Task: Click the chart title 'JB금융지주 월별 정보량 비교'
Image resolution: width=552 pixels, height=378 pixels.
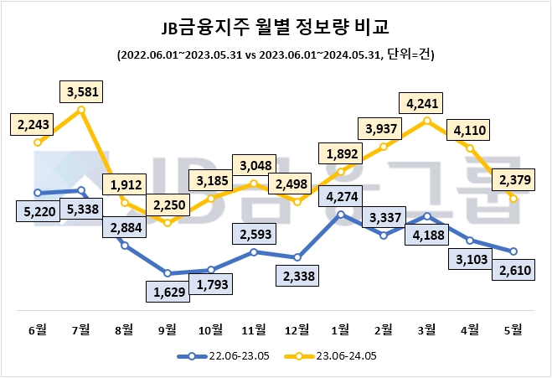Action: pos(276,27)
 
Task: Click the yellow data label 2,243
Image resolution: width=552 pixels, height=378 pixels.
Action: pos(33,124)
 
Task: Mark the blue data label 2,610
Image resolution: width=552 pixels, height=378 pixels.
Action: pos(513,270)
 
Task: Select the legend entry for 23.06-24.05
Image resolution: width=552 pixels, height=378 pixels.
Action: pos(332,356)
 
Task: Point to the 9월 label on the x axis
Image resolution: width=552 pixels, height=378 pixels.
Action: pos(167,329)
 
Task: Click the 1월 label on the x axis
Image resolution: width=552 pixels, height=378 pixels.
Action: pos(340,329)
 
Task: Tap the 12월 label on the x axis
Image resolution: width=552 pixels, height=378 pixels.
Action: pos(297,329)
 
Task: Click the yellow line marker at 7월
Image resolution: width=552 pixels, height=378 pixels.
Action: pos(80,109)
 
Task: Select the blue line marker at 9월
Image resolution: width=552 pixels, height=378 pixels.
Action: pos(168,273)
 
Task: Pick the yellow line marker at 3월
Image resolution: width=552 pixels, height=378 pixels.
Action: pos(427,121)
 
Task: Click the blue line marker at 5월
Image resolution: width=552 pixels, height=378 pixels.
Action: pos(513,251)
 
